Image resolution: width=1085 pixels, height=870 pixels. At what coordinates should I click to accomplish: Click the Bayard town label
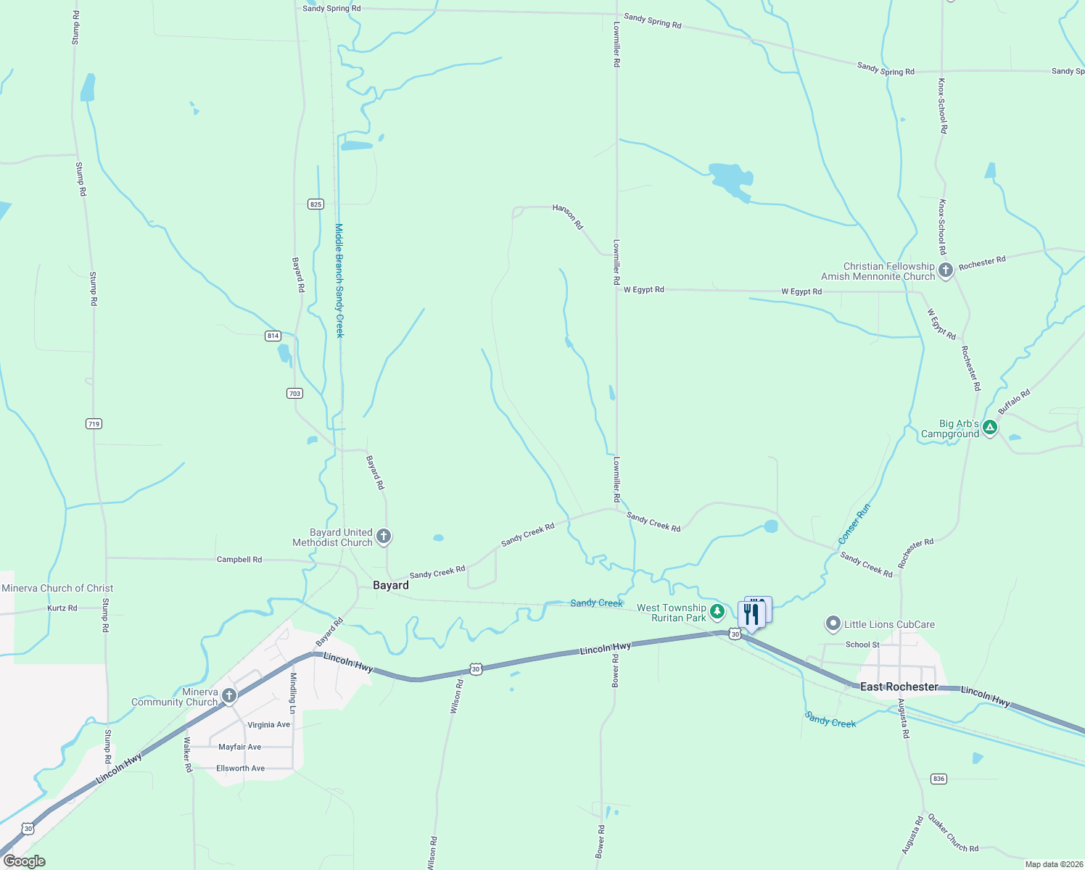[390, 585]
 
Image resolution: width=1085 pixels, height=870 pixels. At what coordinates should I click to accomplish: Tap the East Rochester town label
[899, 687]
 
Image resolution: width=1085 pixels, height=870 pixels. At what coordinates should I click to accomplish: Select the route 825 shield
[315, 204]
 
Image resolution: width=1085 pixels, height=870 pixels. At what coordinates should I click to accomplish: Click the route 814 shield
[273, 336]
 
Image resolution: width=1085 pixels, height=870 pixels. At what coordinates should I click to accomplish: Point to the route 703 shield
[294, 394]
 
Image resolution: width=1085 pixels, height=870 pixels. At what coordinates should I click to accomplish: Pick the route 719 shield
[94, 424]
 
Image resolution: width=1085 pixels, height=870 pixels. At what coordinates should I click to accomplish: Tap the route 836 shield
[938, 779]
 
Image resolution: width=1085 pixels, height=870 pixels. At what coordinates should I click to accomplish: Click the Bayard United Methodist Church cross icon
[384, 537]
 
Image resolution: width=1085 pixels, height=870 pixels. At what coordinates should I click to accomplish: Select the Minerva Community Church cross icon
[229, 697]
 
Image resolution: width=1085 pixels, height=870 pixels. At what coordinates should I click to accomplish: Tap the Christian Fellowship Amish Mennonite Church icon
[946, 271]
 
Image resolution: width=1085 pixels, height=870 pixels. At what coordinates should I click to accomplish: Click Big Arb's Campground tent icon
[990, 428]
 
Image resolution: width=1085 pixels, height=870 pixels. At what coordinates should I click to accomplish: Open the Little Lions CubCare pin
[833, 623]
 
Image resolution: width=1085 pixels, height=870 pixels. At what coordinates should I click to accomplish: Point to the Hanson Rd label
[568, 216]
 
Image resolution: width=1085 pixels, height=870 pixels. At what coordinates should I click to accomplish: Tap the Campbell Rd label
[239, 560]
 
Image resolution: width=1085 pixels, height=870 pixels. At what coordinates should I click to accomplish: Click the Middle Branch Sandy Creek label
[339, 281]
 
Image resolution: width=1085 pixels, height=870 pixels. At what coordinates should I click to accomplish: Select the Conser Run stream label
[854, 524]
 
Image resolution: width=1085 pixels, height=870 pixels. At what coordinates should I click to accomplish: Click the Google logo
[24, 861]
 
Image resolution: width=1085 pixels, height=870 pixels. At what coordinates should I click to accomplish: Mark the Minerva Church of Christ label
[57, 588]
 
